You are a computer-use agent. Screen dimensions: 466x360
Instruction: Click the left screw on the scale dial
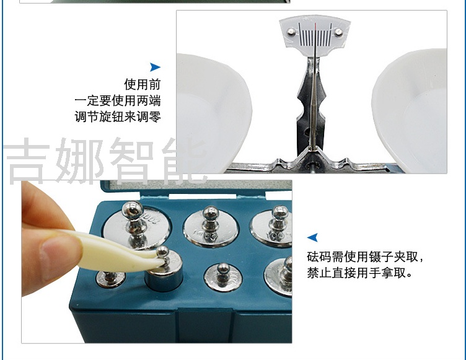[x=291, y=31]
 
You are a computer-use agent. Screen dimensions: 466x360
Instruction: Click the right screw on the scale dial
[x=338, y=32]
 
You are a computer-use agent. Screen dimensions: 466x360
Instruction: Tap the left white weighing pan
[x=214, y=113]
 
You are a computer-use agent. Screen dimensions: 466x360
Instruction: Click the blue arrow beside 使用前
[x=155, y=67]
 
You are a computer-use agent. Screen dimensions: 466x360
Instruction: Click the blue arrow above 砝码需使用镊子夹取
[x=312, y=237]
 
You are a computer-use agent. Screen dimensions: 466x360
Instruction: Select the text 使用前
[x=143, y=84]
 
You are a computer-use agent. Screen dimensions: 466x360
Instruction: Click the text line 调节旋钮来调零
[x=118, y=116]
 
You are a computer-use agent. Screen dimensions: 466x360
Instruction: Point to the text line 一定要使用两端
[x=118, y=100]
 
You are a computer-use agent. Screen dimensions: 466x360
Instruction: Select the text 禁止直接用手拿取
[x=359, y=273]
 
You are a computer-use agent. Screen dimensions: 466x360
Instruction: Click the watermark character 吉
[x=27, y=160]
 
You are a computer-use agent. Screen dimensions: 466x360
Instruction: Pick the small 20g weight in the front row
[x=223, y=277]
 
